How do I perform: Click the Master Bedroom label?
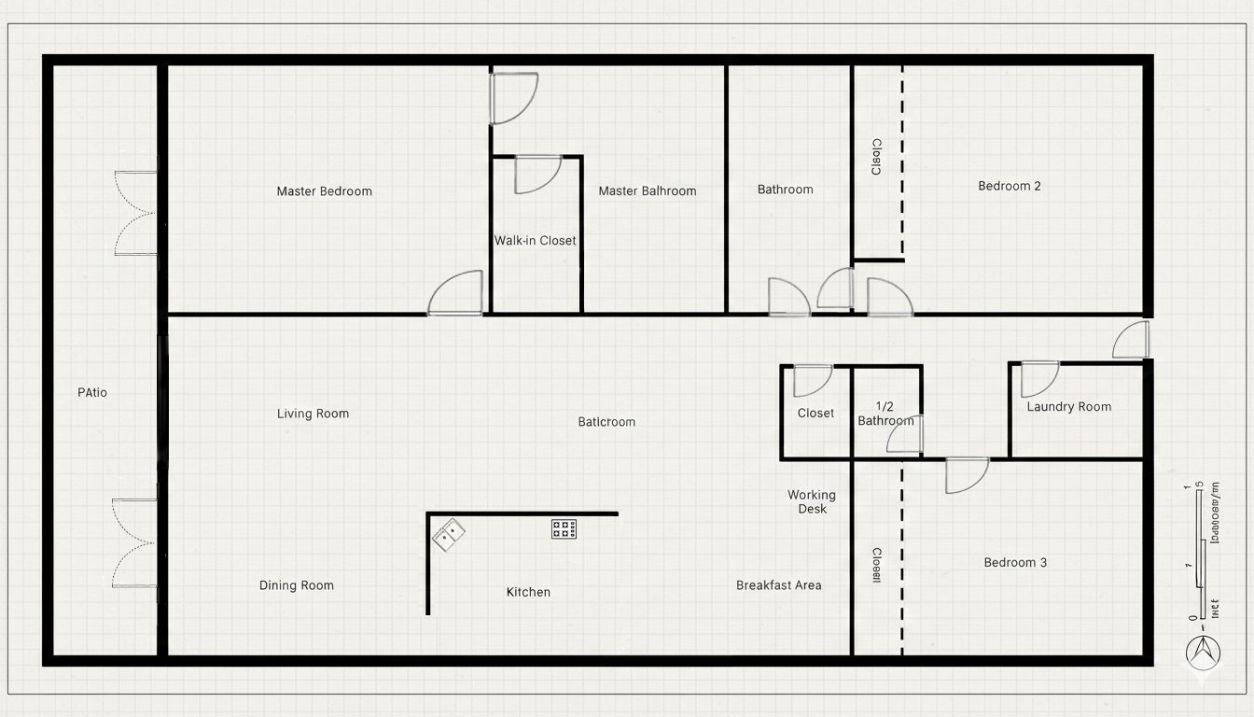(x=324, y=191)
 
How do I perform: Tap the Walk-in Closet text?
(x=535, y=241)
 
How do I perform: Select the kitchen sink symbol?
(x=449, y=535)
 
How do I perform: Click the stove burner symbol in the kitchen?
(x=564, y=529)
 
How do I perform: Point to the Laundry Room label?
(x=1068, y=407)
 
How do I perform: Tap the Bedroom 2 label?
(x=1009, y=186)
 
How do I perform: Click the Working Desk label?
(x=811, y=502)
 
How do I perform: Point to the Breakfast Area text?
(x=778, y=585)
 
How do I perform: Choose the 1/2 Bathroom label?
(x=885, y=414)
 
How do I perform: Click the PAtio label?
(x=92, y=393)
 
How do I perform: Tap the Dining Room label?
(x=296, y=586)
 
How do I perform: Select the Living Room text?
(x=313, y=414)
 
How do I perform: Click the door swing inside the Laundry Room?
(x=1038, y=378)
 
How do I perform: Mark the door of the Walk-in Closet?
(x=536, y=174)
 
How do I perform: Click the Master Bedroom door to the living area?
(x=457, y=295)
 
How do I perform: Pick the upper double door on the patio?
(x=135, y=213)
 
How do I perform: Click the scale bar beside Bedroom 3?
(x=1200, y=551)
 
